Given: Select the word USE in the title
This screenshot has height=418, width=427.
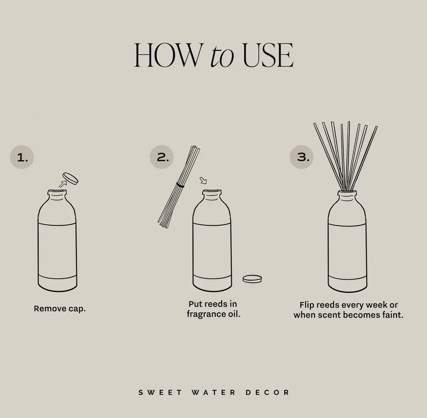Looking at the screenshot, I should [268, 56].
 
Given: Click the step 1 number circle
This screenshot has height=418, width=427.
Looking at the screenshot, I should [22, 157].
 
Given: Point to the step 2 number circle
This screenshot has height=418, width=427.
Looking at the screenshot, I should [162, 157].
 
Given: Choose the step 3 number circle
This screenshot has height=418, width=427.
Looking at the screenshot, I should [302, 157].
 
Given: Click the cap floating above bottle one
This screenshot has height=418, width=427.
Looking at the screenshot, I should [71, 178].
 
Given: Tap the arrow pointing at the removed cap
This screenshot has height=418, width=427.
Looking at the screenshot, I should [62, 183].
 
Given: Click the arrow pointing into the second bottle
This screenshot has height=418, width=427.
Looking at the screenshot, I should [203, 180].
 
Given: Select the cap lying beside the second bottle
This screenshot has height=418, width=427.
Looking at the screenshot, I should [252, 279].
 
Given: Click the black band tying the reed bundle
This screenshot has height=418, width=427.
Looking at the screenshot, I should [180, 185].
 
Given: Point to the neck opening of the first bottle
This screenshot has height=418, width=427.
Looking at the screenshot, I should [57, 192].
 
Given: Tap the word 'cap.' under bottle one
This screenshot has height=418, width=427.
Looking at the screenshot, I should [77, 309].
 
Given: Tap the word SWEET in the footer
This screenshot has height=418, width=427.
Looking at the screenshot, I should [160, 392].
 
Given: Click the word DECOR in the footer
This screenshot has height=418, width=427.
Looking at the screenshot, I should [267, 392].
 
